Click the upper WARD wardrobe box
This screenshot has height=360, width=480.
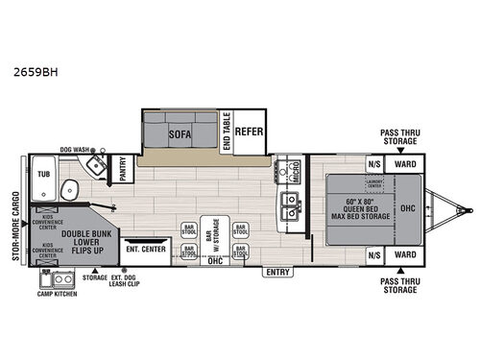[405, 164]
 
